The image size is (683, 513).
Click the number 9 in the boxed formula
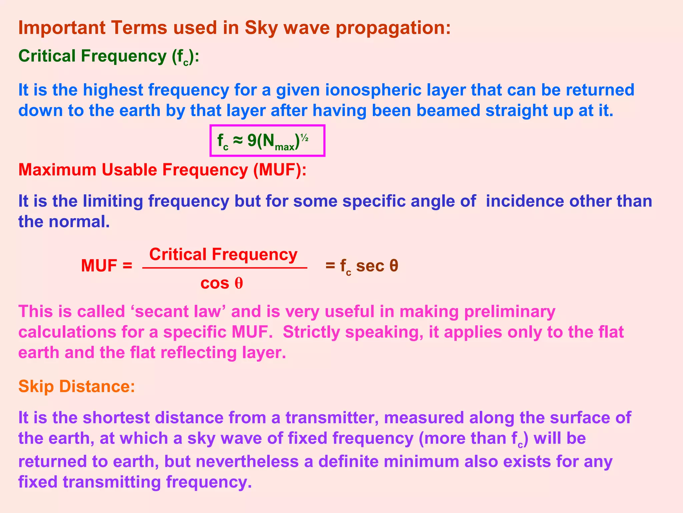tap(252, 141)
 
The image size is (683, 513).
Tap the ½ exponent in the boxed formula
tap(304, 138)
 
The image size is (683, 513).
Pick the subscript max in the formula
tap(284, 147)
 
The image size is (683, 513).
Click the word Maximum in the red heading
tap(57, 170)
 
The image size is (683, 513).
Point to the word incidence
tap(525, 201)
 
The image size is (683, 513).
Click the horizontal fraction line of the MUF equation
tap(224, 268)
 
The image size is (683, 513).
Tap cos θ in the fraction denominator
tap(221, 284)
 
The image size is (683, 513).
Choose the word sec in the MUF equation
tap(370, 266)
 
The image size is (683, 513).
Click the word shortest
tap(113, 418)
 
